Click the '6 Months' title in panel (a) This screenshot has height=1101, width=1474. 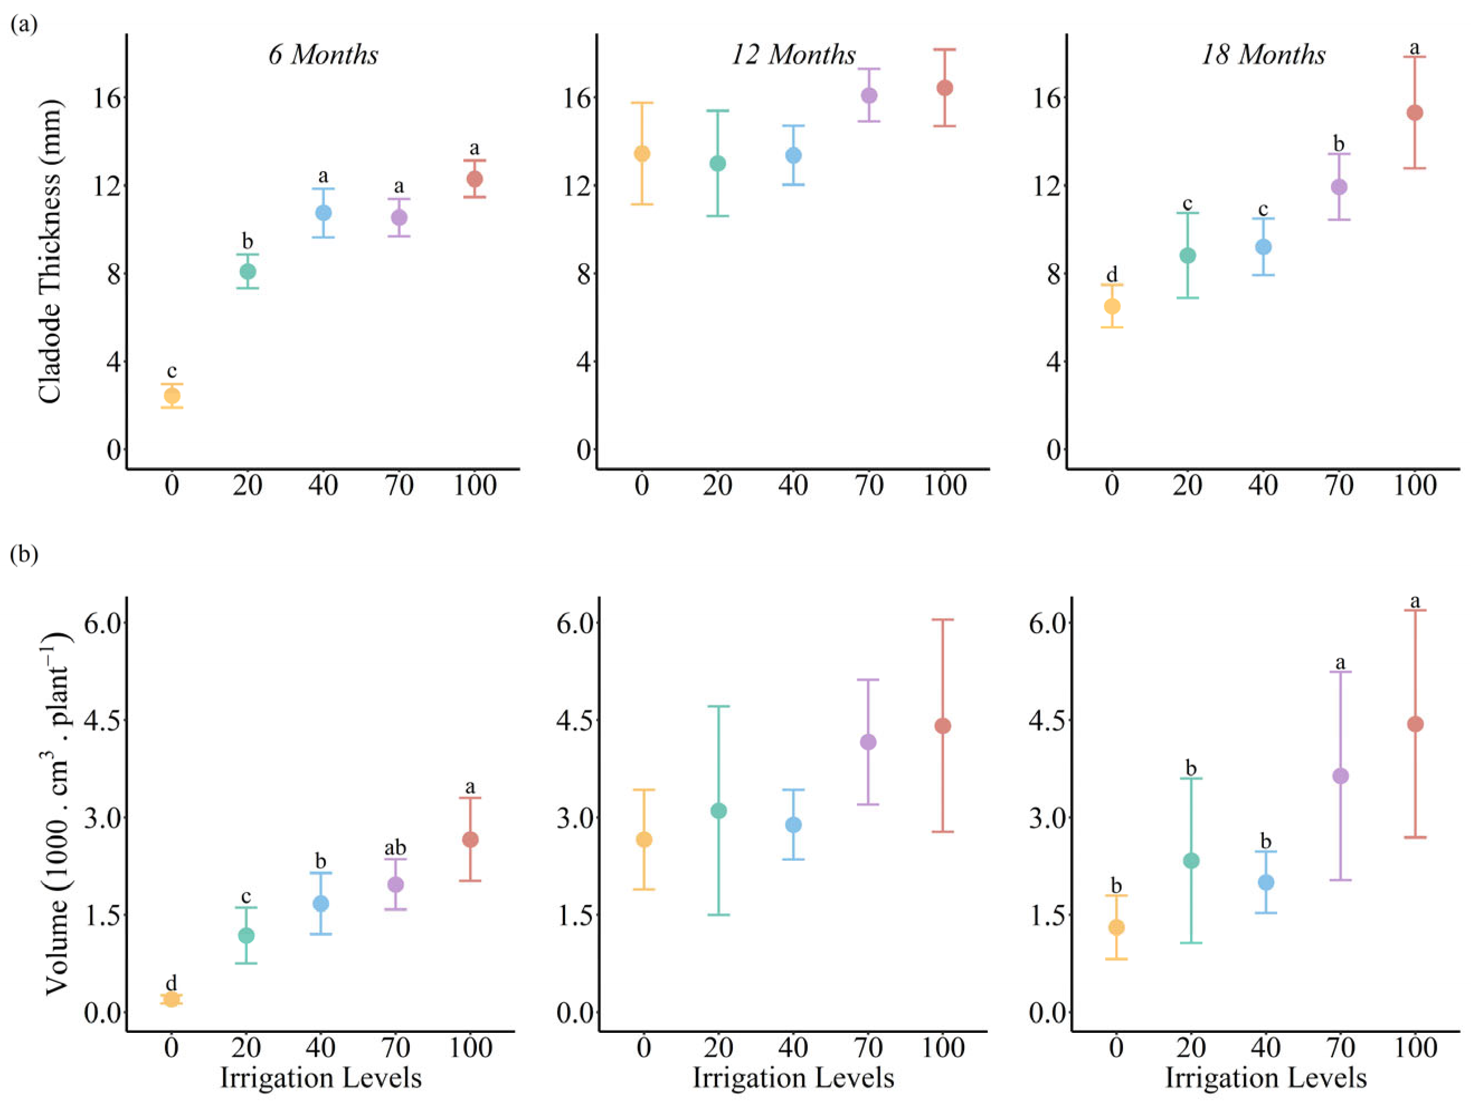pyautogui.click(x=323, y=55)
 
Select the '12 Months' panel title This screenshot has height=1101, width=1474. pyautogui.click(x=793, y=55)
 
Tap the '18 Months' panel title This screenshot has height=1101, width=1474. pyautogui.click(x=1263, y=55)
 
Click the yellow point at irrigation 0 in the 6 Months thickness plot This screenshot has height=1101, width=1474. pyautogui.click(x=172, y=396)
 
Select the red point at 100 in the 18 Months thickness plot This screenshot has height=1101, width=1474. pyautogui.click(x=1414, y=113)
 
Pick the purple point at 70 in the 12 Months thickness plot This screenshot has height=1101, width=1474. pyautogui.click(x=869, y=96)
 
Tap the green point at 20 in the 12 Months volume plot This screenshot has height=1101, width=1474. pyautogui.click(x=718, y=811)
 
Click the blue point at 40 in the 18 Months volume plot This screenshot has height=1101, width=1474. pyautogui.click(x=1266, y=882)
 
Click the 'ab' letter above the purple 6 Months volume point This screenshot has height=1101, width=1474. pyautogui.click(x=395, y=848)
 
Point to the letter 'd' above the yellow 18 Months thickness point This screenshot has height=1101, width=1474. pyautogui.click(x=1111, y=274)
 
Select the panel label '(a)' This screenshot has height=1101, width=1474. pyautogui.click(x=24, y=25)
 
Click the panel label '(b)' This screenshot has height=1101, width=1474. pyautogui.click(x=24, y=554)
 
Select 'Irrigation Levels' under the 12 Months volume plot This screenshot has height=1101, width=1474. pyautogui.click(x=793, y=1078)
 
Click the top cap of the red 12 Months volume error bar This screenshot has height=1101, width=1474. pyautogui.click(x=943, y=620)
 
